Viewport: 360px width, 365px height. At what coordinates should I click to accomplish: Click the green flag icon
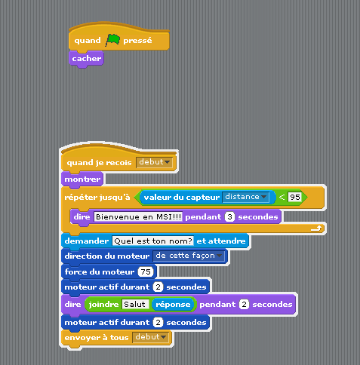point(112,40)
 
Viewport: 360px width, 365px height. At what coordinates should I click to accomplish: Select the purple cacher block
point(86,59)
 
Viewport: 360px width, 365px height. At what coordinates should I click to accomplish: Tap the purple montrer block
point(82,179)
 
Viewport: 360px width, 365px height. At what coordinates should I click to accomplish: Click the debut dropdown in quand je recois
point(154,162)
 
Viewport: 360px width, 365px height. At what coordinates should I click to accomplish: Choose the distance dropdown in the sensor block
point(245,197)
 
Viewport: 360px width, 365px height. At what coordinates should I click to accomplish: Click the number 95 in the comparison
point(294,197)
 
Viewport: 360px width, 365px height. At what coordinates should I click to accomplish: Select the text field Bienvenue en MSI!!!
point(138,216)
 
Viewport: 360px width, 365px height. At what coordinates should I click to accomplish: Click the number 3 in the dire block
point(229,216)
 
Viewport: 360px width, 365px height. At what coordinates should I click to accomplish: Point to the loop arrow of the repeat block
point(316,229)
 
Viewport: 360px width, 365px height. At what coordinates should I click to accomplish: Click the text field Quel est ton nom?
point(153,241)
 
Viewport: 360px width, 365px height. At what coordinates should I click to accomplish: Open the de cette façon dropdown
point(189,256)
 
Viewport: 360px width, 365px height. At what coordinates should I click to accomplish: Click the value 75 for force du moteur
point(146,271)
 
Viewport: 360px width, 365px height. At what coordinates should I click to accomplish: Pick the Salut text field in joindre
point(135,305)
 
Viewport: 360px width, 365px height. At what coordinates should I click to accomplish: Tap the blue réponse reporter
point(173,305)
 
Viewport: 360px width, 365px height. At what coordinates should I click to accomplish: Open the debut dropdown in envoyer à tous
point(150,337)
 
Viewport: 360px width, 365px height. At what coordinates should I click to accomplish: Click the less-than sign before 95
point(282,197)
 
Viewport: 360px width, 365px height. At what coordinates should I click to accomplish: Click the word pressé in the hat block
point(137,41)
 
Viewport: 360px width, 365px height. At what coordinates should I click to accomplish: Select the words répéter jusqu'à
point(97,197)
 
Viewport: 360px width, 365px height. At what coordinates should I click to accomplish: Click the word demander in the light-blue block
point(87,241)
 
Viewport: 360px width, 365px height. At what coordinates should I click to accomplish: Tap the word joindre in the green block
point(103,305)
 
